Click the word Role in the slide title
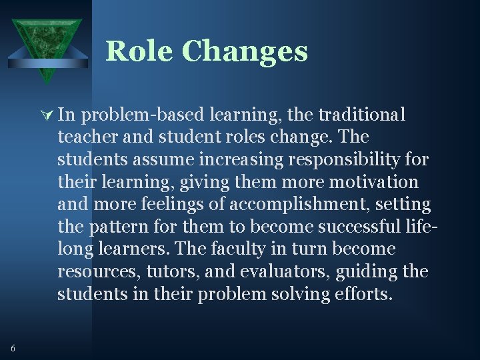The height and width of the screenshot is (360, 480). coord(139,51)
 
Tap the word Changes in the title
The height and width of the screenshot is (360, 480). coord(244,51)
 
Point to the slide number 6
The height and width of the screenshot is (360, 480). coord(13,347)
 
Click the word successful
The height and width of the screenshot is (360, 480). coord(359,227)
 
